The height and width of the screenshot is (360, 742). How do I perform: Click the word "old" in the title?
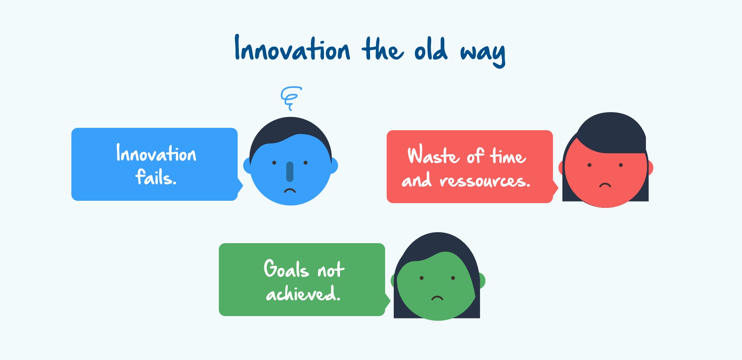pos(431,49)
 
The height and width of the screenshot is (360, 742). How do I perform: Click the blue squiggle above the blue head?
pos(291,98)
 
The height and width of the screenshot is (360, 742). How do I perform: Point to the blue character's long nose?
pos(290,172)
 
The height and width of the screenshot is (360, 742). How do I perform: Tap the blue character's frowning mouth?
pos(290,191)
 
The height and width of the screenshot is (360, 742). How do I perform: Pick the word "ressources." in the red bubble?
pos(485,181)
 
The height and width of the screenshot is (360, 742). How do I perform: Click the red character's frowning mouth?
pos(605,185)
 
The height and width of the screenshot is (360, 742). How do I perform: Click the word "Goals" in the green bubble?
pos(286,269)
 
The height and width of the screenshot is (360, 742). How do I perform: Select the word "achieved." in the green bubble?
pos(303,293)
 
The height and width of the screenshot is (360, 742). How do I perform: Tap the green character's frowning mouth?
pos(437,298)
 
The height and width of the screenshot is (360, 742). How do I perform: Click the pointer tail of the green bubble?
pos(387,301)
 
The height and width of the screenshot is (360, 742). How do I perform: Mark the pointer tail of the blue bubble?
pos(240,186)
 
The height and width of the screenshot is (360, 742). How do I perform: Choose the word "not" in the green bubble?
pos(331,269)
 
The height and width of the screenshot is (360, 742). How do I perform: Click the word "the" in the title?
pos(382,49)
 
